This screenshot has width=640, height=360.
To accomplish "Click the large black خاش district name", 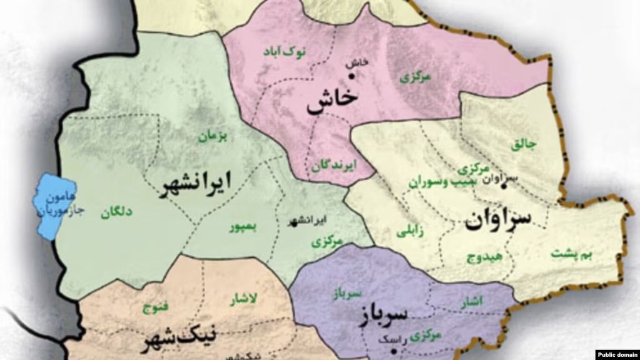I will click(332, 103).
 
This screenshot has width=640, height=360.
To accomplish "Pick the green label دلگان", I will click(116, 213).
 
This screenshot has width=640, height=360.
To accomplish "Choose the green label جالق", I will click(524, 145).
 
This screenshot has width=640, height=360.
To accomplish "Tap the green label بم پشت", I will click(573, 254).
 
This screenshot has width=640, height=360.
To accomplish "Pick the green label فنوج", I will click(156, 308).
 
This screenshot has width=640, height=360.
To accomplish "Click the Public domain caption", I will click(617, 354).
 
